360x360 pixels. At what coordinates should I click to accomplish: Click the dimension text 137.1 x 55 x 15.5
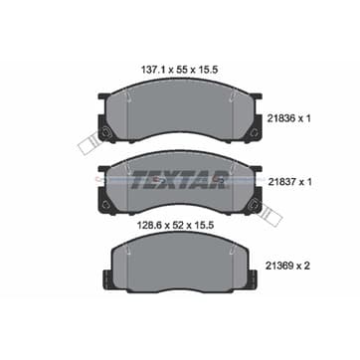(179, 70)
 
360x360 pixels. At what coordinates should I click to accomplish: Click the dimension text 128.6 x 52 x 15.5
(175, 226)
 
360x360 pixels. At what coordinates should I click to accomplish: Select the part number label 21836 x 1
(288, 118)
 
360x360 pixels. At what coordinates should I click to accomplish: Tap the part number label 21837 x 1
(288, 182)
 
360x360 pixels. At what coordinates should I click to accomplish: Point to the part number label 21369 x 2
(287, 266)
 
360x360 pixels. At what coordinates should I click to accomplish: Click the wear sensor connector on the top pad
(88, 143)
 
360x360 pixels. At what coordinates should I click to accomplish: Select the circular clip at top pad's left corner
(106, 133)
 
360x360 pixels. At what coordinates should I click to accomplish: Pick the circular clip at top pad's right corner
(254, 133)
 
